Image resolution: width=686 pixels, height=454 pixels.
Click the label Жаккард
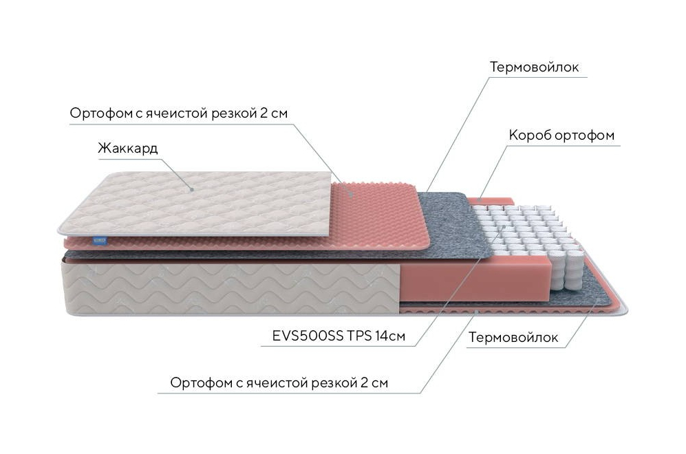point(128,149)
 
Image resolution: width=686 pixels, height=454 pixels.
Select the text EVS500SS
point(308,336)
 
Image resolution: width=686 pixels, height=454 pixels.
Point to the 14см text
point(390,336)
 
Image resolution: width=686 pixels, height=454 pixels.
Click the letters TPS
point(359,336)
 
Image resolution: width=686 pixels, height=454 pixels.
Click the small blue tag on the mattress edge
point(100,240)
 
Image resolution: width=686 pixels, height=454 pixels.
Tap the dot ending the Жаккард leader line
point(191,190)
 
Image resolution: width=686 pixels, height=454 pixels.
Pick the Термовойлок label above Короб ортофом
point(534,67)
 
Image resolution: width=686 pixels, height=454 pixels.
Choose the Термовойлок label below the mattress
point(513,337)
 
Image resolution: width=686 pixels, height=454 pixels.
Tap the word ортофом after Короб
point(584,136)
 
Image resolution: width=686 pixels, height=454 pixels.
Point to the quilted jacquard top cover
point(195,204)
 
